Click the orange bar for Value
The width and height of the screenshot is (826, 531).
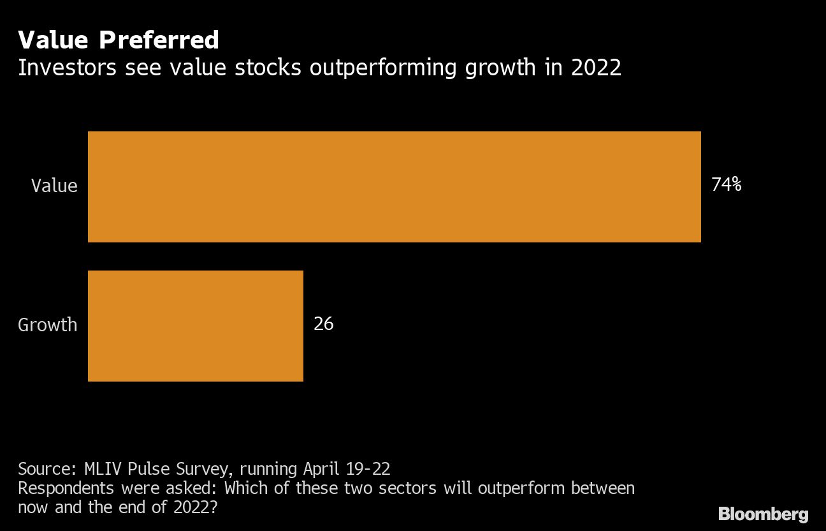pos(394,186)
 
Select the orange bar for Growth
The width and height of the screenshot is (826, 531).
pos(195,325)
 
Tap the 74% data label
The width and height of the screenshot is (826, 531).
pos(727,185)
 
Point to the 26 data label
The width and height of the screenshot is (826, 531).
pos(324,324)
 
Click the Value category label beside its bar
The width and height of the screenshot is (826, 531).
pos(54,186)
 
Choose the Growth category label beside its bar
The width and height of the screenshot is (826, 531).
pos(48,325)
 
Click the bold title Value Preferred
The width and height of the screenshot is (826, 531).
pos(119,40)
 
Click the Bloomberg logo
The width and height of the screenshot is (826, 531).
pos(763,514)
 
